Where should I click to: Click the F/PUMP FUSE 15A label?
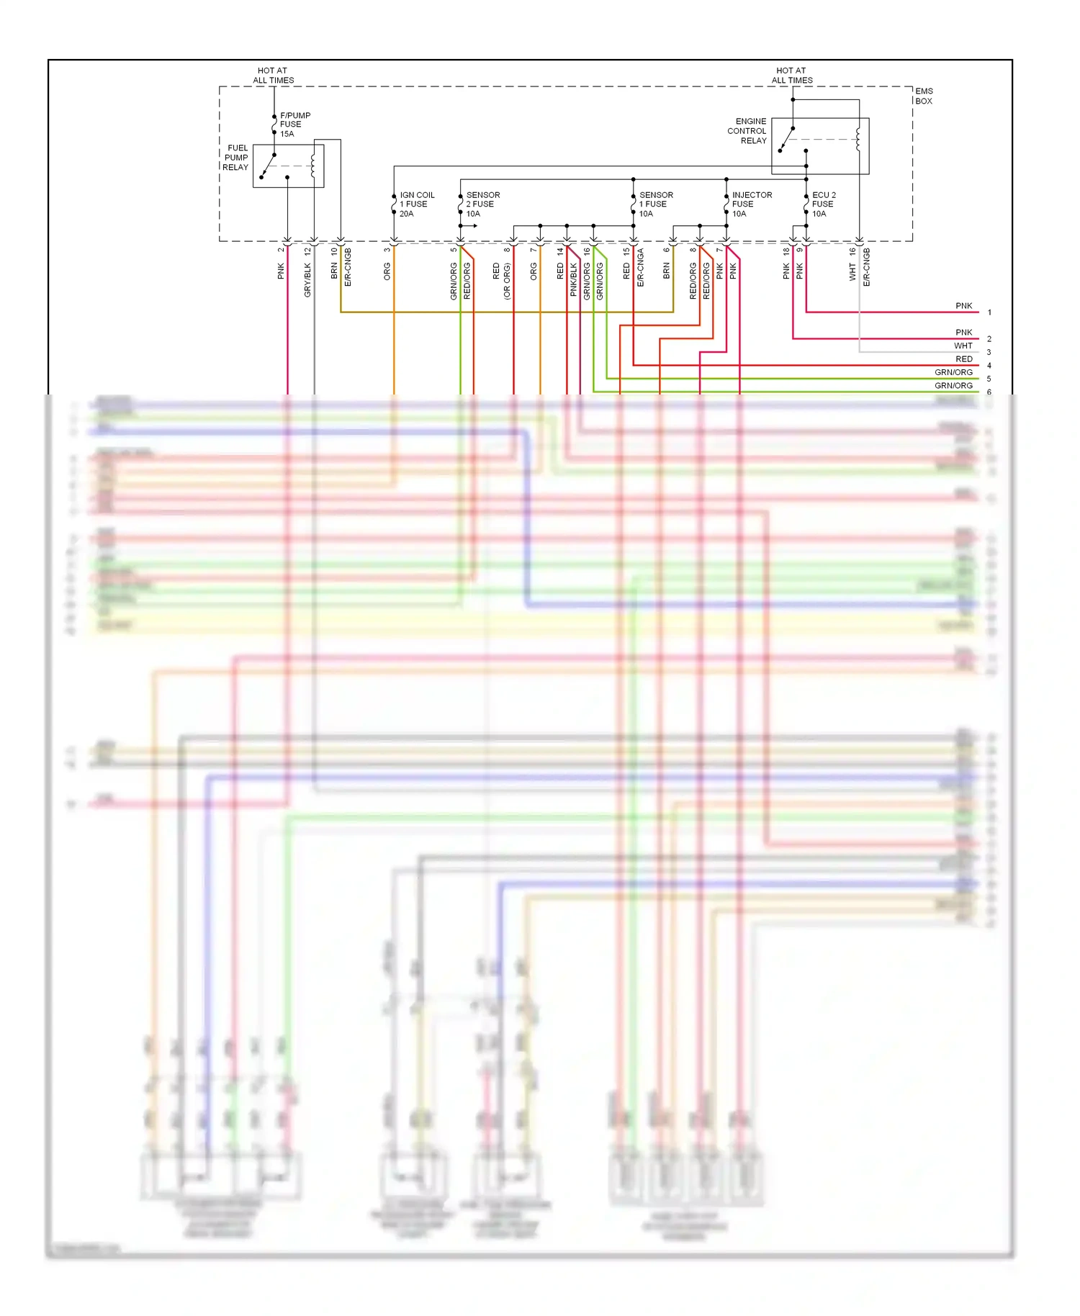[x=294, y=125]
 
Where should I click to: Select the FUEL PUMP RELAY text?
[x=235, y=158]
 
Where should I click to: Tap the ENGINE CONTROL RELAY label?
[x=747, y=131]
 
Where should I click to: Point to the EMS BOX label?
[x=924, y=96]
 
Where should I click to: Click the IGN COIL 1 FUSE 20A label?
[x=417, y=204]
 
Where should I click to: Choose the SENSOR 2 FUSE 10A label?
[x=482, y=204]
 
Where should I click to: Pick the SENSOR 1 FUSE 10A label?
[x=656, y=204]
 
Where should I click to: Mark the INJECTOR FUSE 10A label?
[x=752, y=204]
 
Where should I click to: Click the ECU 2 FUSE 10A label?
[x=824, y=204]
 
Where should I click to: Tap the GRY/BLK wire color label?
[x=307, y=279]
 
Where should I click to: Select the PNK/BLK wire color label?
[x=574, y=279]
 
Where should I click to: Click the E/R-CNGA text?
[x=640, y=268]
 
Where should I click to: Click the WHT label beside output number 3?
[x=963, y=346]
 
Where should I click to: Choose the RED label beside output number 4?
[x=963, y=359]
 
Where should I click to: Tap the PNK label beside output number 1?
[x=963, y=306]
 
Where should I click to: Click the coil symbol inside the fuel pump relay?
[x=312, y=166]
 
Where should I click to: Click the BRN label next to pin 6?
[x=667, y=271]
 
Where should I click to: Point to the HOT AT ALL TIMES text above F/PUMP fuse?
[x=273, y=76]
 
